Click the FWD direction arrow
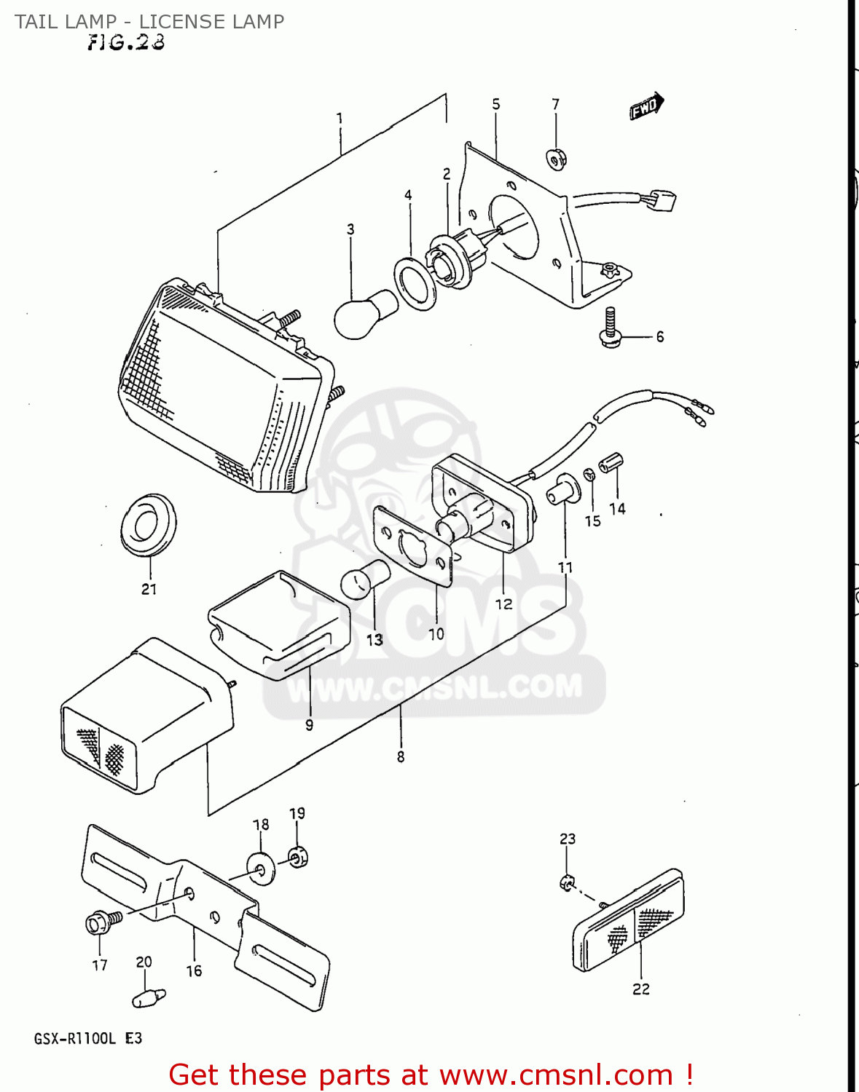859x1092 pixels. pos(646,106)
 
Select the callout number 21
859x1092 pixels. pos(149,589)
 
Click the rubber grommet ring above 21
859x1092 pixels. pos(148,524)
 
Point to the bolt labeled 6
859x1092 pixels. pos(611,328)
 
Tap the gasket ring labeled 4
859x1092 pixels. pos(415,282)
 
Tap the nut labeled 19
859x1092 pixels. pos(298,856)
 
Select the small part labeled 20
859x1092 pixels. pos(149,998)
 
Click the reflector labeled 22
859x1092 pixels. pos(629,920)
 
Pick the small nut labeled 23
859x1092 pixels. pos(566,882)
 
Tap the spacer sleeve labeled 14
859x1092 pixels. pos(611,462)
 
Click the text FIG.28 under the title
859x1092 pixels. pos(126,43)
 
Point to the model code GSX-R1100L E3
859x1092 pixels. pos(87,1038)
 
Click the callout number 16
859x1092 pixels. pos(194,970)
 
